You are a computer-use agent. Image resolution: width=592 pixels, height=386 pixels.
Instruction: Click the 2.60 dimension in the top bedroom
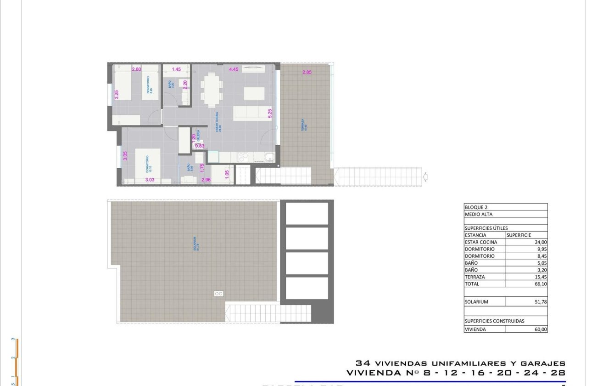click(136, 69)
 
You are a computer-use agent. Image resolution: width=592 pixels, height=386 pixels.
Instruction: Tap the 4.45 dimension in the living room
click(234, 69)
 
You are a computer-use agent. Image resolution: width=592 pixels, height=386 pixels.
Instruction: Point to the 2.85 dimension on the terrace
click(307, 72)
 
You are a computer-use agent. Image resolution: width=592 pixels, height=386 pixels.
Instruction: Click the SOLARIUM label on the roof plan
click(196, 244)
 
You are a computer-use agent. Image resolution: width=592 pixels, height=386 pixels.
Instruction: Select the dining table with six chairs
click(212, 89)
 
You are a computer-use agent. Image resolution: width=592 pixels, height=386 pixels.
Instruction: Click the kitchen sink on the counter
click(270, 158)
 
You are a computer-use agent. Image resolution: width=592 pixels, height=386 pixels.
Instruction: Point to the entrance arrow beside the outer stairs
click(425, 176)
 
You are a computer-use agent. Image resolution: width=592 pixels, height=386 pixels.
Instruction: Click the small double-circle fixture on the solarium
click(219, 294)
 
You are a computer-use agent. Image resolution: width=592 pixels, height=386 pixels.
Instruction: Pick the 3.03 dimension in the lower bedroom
click(150, 180)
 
